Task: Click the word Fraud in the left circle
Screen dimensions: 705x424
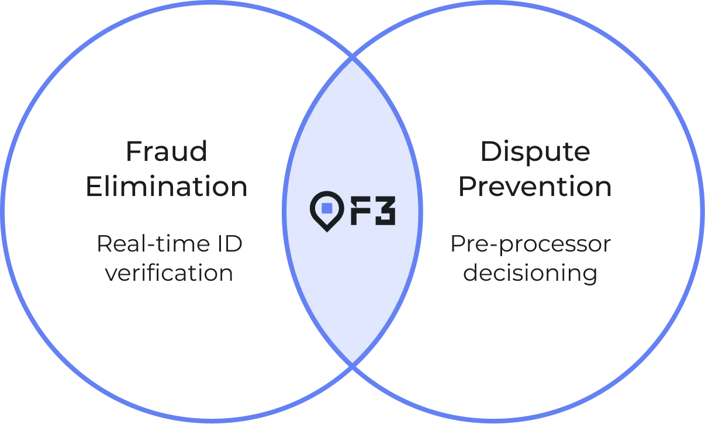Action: [x=168, y=154]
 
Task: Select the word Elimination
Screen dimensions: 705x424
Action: [x=166, y=187]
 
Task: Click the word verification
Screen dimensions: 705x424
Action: [x=170, y=274]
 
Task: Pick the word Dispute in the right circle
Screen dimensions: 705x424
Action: [x=536, y=154]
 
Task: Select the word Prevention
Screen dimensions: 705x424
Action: [x=534, y=187]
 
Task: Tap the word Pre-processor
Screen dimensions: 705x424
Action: [x=530, y=244]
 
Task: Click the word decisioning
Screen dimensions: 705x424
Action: [x=531, y=274]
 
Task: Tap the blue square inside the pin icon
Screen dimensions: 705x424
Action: [x=327, y=207]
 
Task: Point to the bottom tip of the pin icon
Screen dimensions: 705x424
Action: [x=327, y=230]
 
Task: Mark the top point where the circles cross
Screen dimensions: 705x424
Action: [x=352, y=58]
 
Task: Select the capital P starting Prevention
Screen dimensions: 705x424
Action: [x=464, y=187]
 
